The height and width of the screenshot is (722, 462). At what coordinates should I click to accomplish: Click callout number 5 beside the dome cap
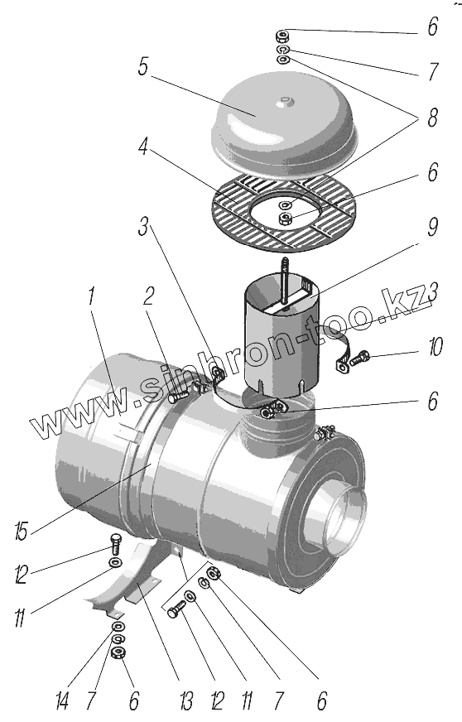coord(142,67)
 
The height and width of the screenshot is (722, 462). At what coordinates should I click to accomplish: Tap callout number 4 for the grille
coord(142,147)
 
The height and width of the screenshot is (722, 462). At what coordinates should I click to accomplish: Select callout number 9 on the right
coord(432,227)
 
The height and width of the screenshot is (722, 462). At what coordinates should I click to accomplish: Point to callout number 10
coord(436,347)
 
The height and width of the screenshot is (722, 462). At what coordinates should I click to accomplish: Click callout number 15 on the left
coord(22,531)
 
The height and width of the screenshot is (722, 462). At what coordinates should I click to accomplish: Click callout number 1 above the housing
coord(91,296)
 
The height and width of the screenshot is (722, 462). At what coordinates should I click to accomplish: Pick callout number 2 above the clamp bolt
coord(148,296)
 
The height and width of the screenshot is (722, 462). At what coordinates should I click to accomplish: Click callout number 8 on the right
coord(432,118)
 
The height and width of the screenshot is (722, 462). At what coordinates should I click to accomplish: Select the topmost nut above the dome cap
coord(283,36)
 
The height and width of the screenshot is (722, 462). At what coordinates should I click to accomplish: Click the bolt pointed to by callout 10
coord(359,358)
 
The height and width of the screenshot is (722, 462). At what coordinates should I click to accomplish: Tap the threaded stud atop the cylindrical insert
coord(284,280)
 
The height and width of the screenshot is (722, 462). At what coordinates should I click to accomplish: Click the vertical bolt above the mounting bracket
coord(115,543)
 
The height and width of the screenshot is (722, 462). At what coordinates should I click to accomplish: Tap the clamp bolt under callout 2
coord(177,396)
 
